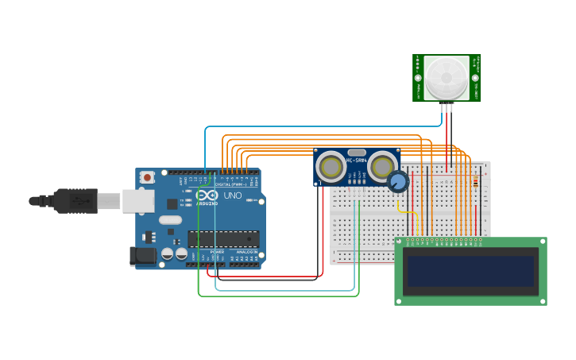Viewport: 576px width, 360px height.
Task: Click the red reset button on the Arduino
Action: click(x=147, y=178)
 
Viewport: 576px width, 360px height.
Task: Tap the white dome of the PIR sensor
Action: click(x=446, y=77)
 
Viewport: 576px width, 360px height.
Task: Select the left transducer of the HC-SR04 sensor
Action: click(x=330, y=167)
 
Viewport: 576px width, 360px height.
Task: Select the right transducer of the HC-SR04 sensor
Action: click(x=382, y=167)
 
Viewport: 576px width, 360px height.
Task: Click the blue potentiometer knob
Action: click(x=398, y=182)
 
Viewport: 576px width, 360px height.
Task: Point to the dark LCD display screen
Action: click(x=470, y=271)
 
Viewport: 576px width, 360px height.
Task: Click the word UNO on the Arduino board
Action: click(x=233, y=195)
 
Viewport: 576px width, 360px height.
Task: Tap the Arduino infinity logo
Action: click(x=207, y=196)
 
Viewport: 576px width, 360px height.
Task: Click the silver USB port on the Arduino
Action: click(x=138, y=200)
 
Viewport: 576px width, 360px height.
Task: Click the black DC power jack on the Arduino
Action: click(x=142, y=255)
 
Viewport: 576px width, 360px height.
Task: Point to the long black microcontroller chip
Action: click(x=223, y=238)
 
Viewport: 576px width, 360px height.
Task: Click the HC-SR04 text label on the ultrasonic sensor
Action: click(x=356, y=161)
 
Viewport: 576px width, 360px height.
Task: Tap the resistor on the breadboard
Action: click(x=475, y=182)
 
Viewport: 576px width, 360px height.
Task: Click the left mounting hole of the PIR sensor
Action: click(x=418, y=78)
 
